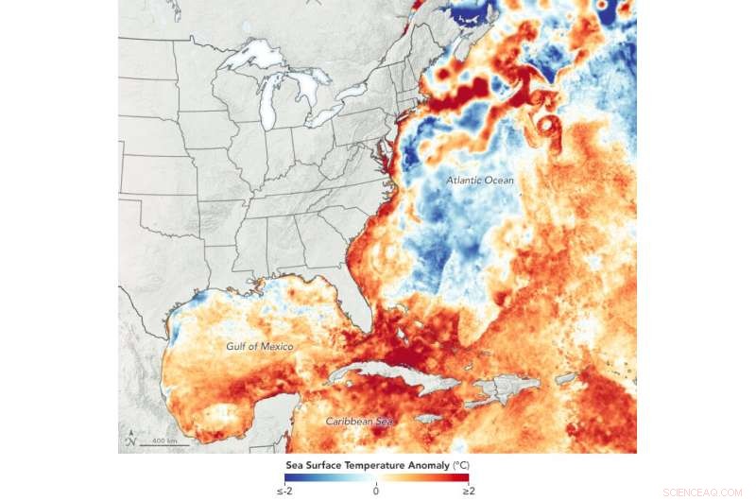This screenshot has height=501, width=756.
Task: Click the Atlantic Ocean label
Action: click(x=480, y=181)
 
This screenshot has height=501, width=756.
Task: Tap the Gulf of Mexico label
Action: click(x=259, y=347)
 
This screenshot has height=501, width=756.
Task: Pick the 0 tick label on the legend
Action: click(x=376, y=490)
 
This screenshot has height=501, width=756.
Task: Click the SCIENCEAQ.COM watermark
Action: click(x=703, y=492)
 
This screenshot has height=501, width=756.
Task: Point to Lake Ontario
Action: click(x=354, y=92)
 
